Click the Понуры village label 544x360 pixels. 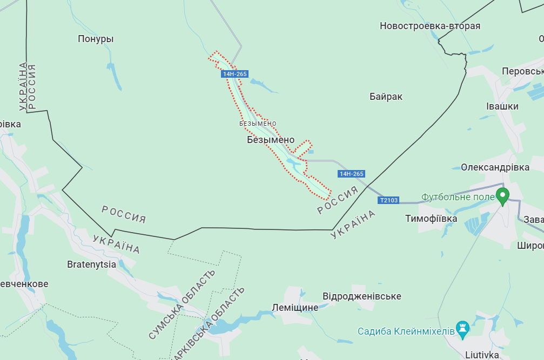click(96, 39)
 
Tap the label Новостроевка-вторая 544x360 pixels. click(429, 26)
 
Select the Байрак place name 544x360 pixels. click(386, 97)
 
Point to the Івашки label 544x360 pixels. click(502, 106)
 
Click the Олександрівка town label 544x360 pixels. click(495, 167)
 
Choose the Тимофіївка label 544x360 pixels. click(431, 219)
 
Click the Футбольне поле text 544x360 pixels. click(458, 197)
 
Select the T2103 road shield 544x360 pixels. click(388, 200)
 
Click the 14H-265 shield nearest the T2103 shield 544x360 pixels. click(351, 174)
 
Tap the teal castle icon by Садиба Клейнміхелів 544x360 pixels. click(462, 328)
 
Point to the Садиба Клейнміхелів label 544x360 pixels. click(406, 331)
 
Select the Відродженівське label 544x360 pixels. click(361, 296)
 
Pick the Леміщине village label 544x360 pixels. click(294, 307)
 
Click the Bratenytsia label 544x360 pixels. click(91, 264)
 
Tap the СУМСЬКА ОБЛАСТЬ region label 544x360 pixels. click(182, 304)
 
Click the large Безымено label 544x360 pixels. click(271, 140)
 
